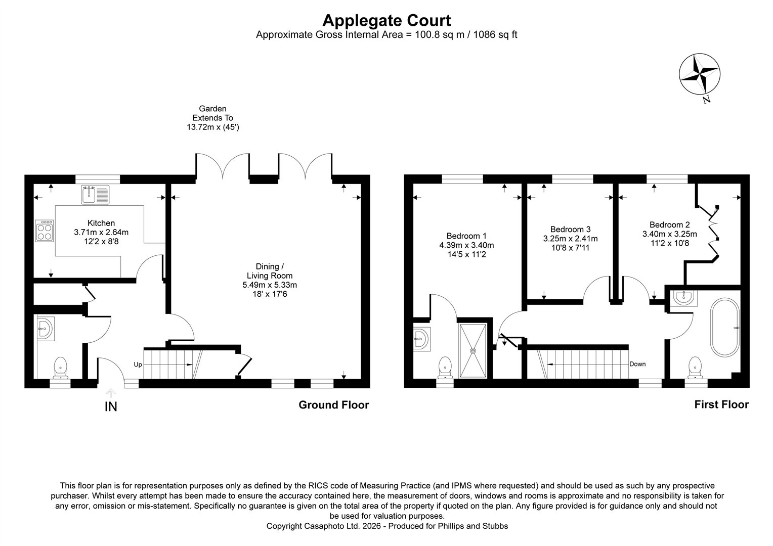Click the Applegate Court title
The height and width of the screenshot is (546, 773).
pyautogui.click(x=386, y=20)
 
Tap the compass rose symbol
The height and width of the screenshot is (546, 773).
pyautogui.click(x=699, y=74)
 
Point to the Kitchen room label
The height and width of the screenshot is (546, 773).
pyautogui.click(x=101, y=223)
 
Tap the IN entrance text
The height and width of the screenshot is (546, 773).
pyautogui.click(x=111, y=406)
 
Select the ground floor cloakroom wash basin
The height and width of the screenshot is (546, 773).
pyautogui.click(x=45, y=329)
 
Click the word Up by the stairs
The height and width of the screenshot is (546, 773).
pyautogui.click(x=138, y=364)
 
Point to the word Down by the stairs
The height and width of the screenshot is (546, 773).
pyautogui.click(x=637, y=364)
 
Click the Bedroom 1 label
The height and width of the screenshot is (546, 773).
pyautogui.click(x=466, y=236)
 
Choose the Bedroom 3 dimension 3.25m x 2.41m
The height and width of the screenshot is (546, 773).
pyautogui.click(x=570, y=239)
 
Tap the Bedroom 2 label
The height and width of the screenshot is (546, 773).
pyautogui.click(x=670, y=224)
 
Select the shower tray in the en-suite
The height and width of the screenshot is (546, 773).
pyautogui.click(x=474, y=350)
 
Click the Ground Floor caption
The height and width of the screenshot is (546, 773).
pyautogui.click(x=333, y=405)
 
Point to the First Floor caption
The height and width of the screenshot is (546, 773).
pyautogui.click(x=721, y=404)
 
